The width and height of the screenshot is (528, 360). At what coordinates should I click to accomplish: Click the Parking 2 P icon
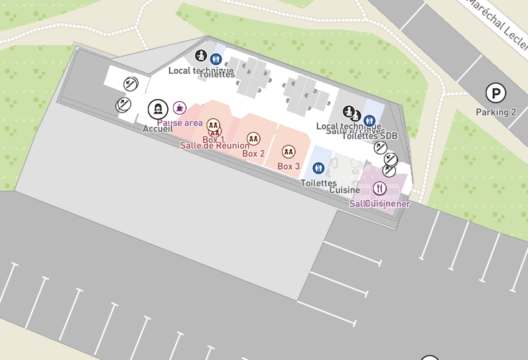tap(495, 93)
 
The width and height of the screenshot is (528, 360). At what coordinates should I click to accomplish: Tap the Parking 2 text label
tap(496, 112)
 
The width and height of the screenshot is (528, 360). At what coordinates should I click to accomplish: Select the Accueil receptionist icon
tap(157, 110)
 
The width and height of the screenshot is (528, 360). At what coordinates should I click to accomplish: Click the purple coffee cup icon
tap(179, 108)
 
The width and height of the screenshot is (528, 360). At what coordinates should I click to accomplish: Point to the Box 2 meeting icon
tap(253, 138)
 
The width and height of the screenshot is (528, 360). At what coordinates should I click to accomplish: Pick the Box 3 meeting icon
tap(288, 151)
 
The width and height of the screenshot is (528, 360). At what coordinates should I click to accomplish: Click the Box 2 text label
tap(254, 153)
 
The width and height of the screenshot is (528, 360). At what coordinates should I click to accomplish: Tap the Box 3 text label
tap(288, 166)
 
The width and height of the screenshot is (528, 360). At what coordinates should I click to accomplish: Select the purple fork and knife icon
tap(379, 189)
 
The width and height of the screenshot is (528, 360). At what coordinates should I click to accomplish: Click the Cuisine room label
tap(344, 190)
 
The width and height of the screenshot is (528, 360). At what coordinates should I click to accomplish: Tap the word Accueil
tap(158, 128)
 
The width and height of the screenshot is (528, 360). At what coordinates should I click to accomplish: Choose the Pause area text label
tap(179, 123)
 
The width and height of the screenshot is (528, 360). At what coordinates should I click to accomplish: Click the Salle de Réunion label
tap(214, 146)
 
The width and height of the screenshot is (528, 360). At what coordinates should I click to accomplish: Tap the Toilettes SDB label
tap(369, 136)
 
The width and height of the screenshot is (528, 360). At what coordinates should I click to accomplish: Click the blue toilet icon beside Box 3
tap(319, 168)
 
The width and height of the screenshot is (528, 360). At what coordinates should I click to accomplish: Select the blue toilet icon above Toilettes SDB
tap(370, 120)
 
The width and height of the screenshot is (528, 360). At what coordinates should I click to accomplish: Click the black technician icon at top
tap(201, 55)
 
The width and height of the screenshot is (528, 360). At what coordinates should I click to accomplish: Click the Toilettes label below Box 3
tap(319, 184)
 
